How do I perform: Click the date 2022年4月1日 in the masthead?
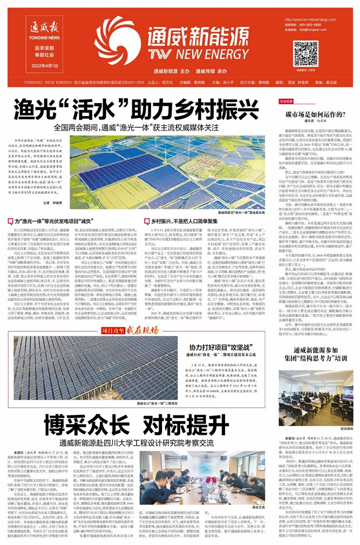43,65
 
